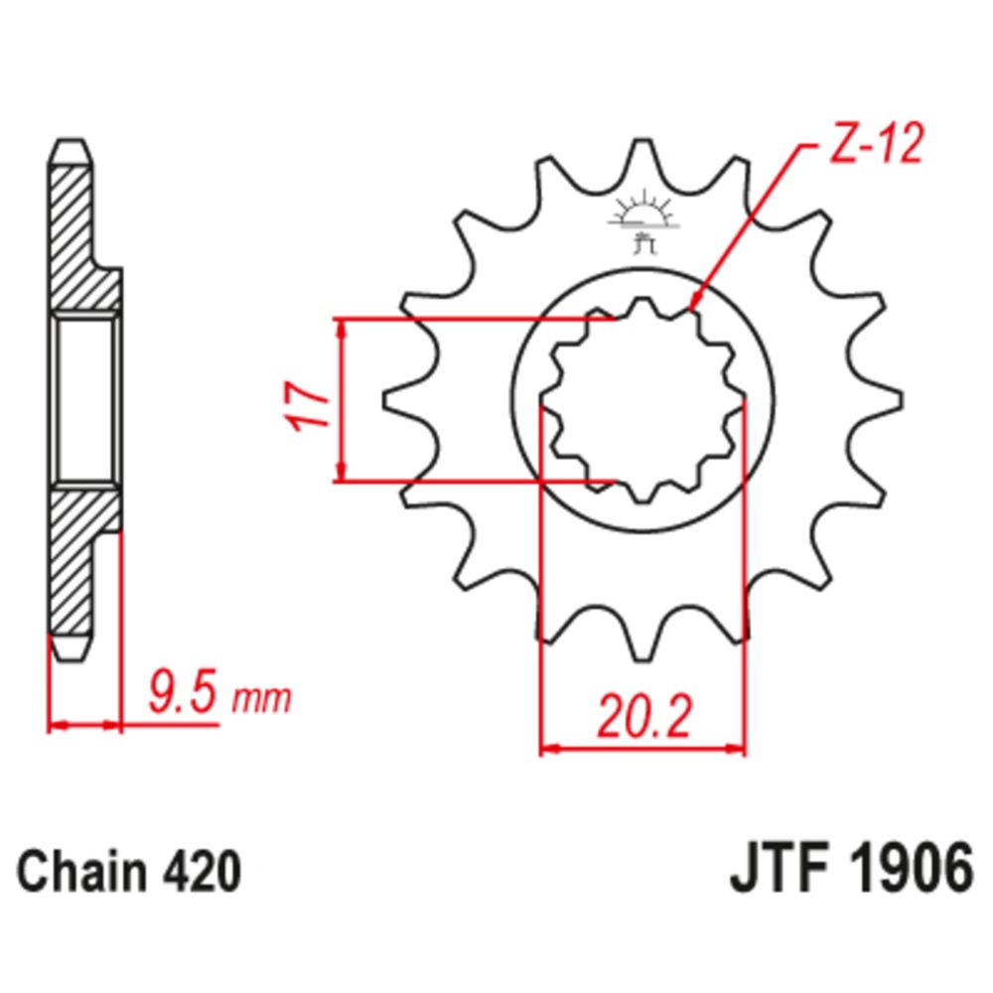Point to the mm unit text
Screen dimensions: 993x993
pyautogui.click(x=262, y=698)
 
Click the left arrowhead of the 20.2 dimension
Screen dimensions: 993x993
pyautogui.click(x=549, y=746)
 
